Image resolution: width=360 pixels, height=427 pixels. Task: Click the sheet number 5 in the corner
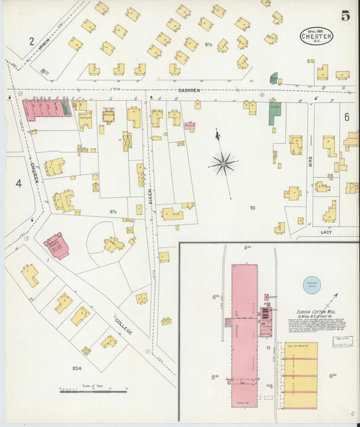coord(345,16)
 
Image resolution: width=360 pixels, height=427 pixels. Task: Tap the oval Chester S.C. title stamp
coord(316,36)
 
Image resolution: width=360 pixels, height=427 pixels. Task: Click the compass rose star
coord(223,163)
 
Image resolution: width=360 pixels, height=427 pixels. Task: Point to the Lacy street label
coord(326,232)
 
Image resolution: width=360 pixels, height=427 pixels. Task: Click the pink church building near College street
coord(56,246)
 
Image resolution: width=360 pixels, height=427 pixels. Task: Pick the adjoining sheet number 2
coord(31,41)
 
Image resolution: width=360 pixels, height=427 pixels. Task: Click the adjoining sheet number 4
coord(19,183)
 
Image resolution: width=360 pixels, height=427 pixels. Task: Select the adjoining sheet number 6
coord(346,117)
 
